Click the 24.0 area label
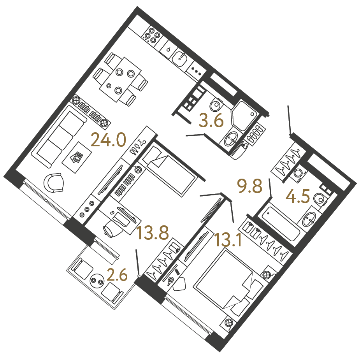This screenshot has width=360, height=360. (108, 140)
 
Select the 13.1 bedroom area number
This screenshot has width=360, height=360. (228, 240)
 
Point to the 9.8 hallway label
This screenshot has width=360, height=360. (250, 186)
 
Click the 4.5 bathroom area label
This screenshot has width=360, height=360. (298, 196)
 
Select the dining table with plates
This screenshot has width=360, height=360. (120, 79)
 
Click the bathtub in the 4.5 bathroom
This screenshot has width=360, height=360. (278, 223)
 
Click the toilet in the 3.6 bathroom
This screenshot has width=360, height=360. (216, 106)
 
